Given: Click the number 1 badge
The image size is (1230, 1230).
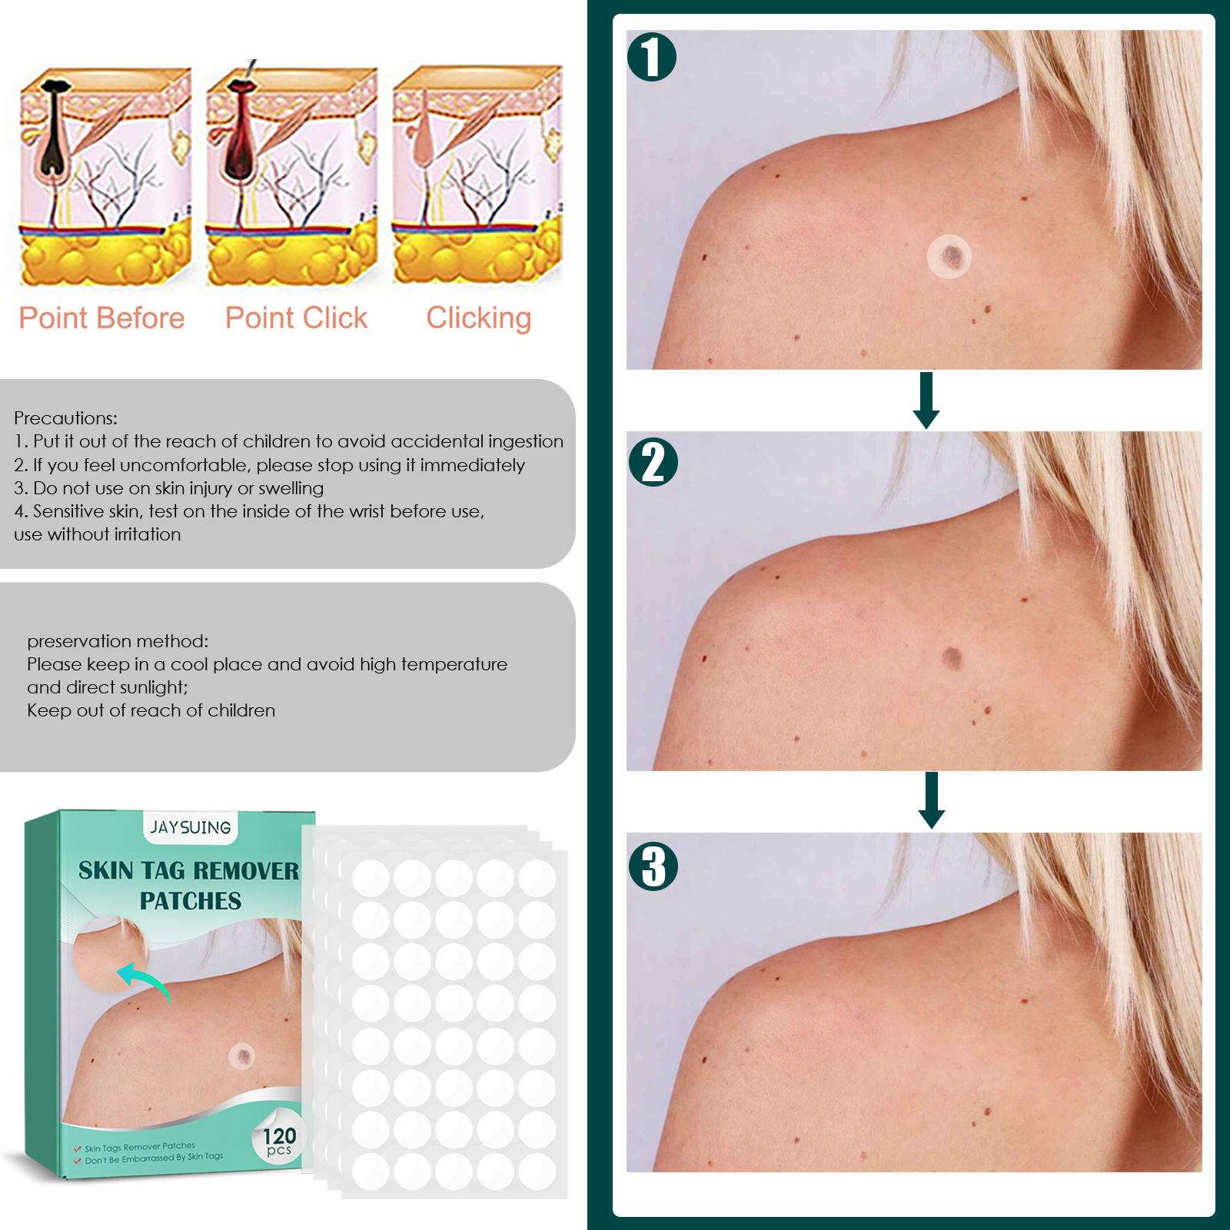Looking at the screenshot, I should click(652, 57).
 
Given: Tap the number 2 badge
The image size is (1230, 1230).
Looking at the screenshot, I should click(653, 462).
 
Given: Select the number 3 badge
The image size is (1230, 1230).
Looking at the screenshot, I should click(653, 866).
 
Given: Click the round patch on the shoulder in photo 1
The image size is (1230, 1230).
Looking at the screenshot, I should click(949, 256).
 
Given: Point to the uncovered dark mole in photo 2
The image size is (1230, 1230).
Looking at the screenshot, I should click(952, 657).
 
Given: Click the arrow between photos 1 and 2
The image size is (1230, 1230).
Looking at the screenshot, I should click(926, 401).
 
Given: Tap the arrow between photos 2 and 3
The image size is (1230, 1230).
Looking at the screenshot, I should click(932, 800).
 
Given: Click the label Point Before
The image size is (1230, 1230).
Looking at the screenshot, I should click(101, 318).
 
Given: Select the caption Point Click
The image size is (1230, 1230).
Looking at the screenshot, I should click(296, 318).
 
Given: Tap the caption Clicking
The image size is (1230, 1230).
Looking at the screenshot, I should click(478, 318).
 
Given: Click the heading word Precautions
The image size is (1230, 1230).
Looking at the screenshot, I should click(65, 418).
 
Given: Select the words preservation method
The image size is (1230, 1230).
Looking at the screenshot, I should click(118, 641).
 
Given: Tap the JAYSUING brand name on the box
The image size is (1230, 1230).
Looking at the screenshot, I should click(191, 827).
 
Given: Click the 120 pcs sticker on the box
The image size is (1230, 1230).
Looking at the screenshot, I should click(279, 1141).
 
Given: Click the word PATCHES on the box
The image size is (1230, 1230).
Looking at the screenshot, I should click(191, 901).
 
